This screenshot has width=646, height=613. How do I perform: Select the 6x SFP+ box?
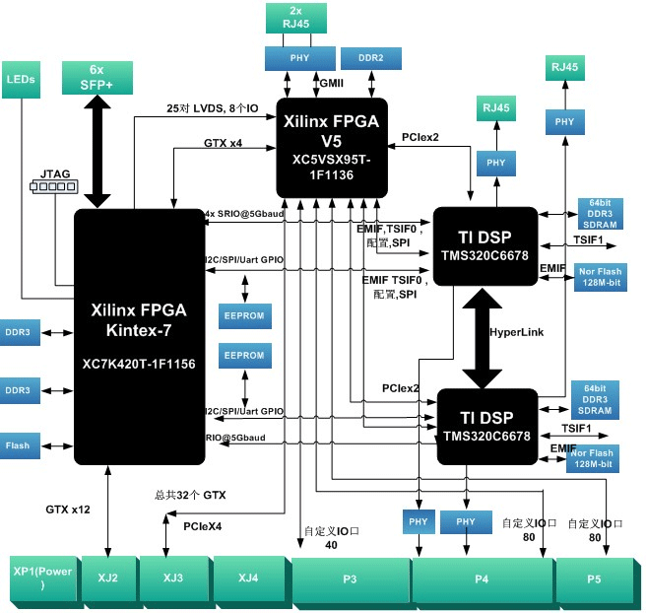coord(97,78)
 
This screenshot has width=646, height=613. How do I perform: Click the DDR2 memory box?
coord(370,58)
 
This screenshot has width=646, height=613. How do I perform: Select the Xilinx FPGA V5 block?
coord(331,145)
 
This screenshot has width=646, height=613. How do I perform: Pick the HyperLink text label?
coord(517,333)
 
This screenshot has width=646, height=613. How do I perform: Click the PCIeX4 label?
coord(203,527)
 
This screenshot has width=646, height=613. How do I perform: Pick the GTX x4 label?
coord(223,143)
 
